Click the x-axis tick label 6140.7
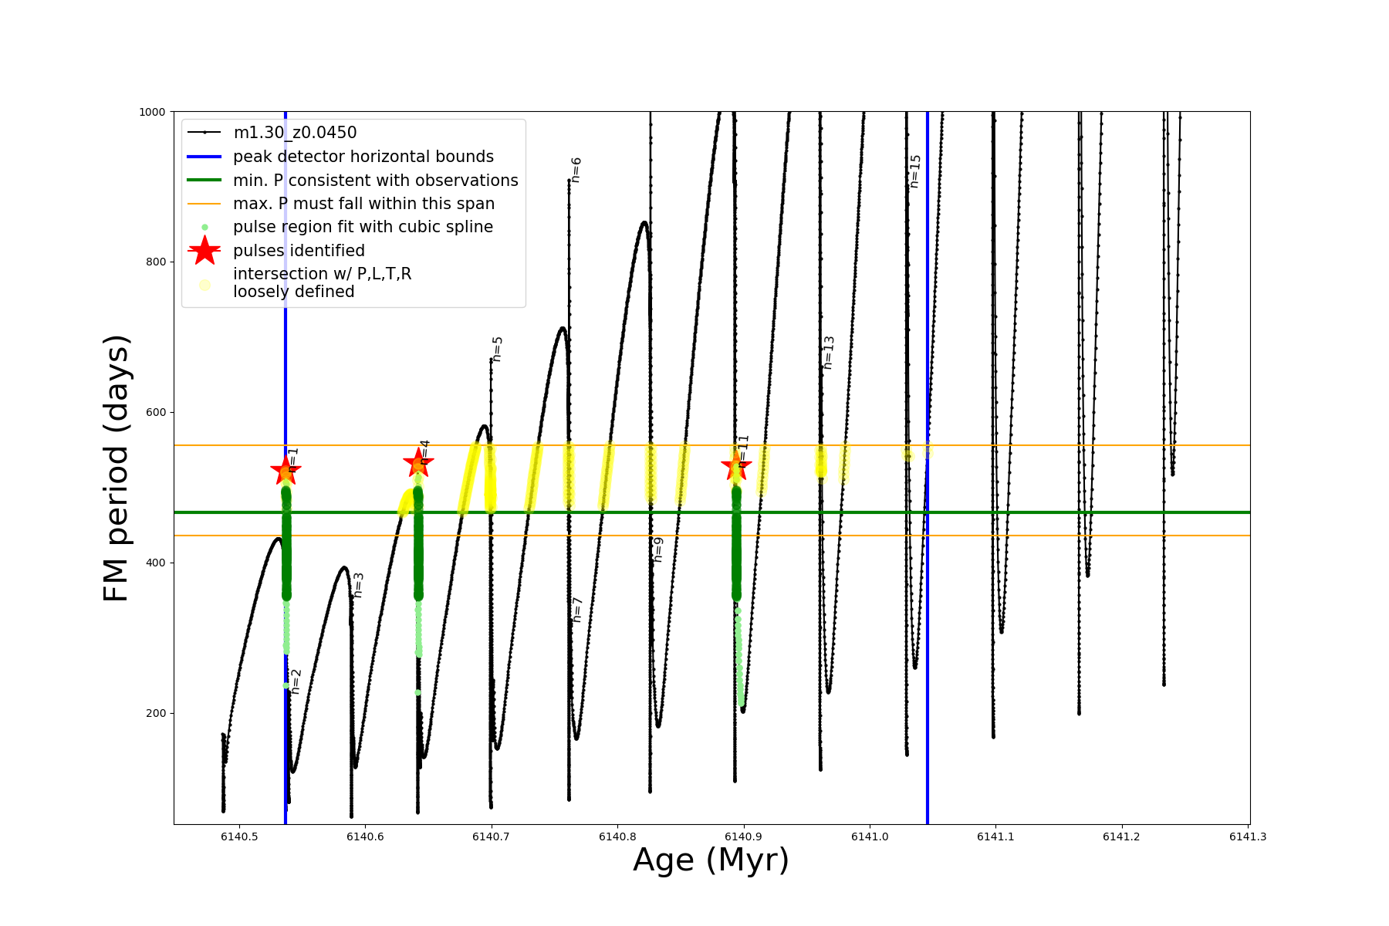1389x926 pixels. (491, 836)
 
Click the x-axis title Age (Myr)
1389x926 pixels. (711, 860)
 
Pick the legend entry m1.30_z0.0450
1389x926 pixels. (295, 133)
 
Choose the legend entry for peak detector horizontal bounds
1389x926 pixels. (363, 157)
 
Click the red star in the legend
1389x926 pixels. (204, 250)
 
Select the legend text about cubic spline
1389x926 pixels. (363, 227)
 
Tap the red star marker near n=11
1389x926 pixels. (736, 465)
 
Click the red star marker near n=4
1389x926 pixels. (418, 463)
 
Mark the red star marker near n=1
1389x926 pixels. (286, 469)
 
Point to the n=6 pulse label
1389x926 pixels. (576, 170)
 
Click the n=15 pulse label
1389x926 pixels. (915, 171)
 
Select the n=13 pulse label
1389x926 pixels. (829, 353)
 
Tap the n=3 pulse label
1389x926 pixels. (358, 585)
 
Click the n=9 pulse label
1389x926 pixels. (657, 549)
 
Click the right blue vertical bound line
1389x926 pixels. (927, 617)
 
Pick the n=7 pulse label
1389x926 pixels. (577, 610)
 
